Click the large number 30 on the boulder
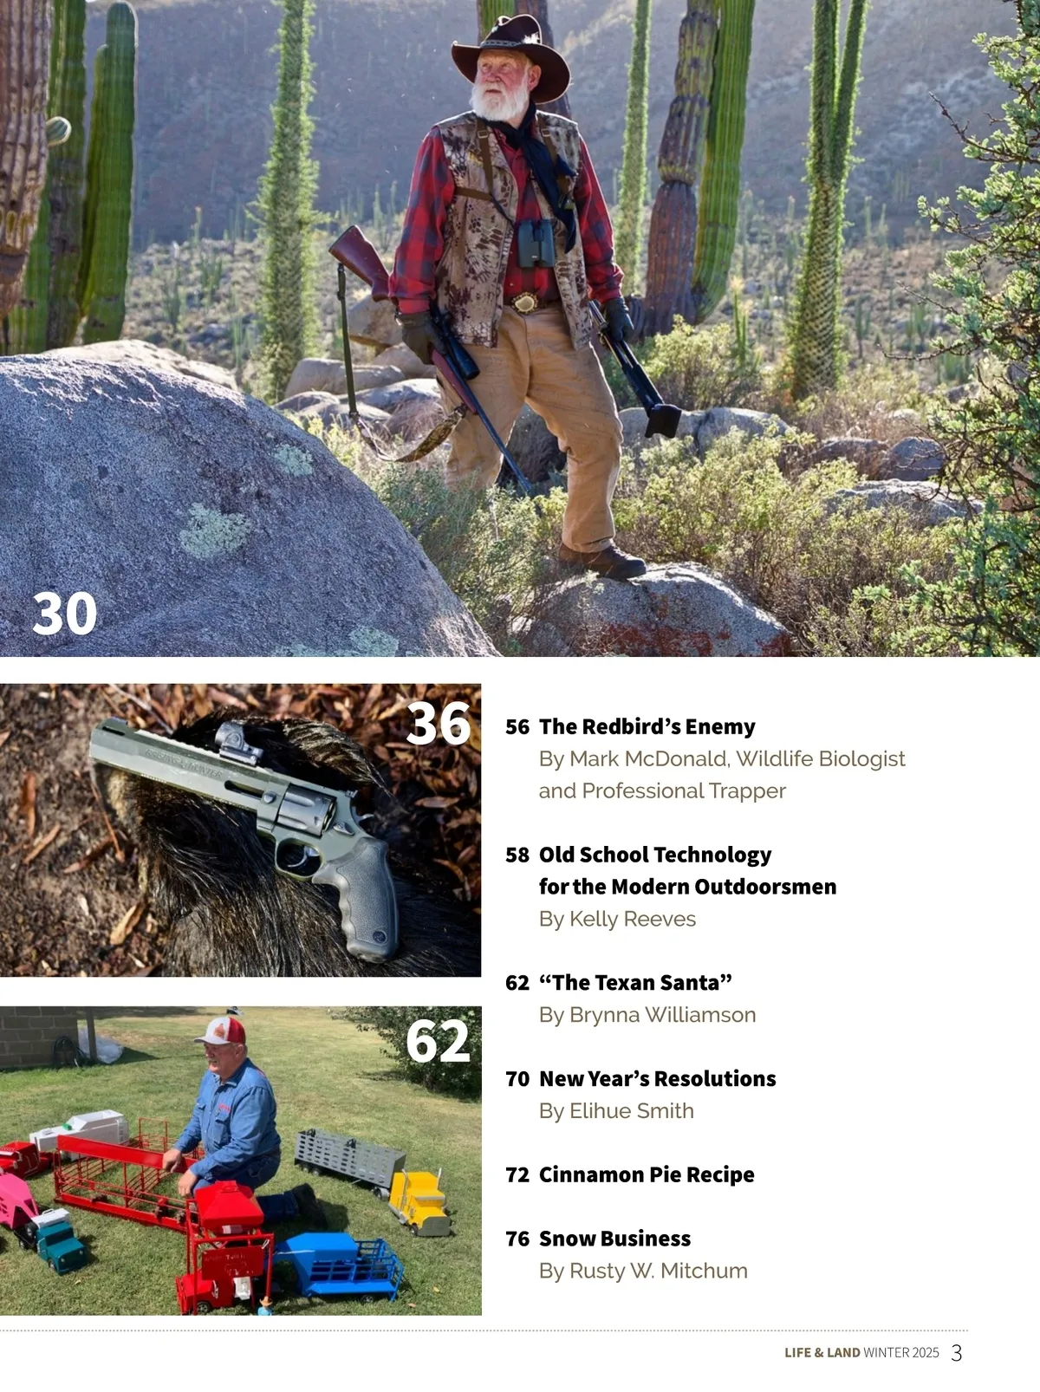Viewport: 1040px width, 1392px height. point(64,614)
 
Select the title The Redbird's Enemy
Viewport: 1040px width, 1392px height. point(647,726)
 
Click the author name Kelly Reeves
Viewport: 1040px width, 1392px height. point(633,918)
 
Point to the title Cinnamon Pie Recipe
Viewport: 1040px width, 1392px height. point(647,1174)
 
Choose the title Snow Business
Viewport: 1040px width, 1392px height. point(614,1239)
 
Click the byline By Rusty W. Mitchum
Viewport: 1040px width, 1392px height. point(643,1271)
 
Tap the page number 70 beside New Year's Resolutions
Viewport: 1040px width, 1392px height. point(517,1079)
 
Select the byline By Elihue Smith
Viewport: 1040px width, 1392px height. point(616,1110)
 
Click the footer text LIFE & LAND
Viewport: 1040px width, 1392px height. point(822,1353)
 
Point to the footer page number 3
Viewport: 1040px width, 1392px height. point(957,1353)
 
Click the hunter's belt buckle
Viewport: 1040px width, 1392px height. point(524,303)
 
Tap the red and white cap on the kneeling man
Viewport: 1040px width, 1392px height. point(219,1031)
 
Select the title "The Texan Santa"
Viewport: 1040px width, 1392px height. point(635,982)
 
